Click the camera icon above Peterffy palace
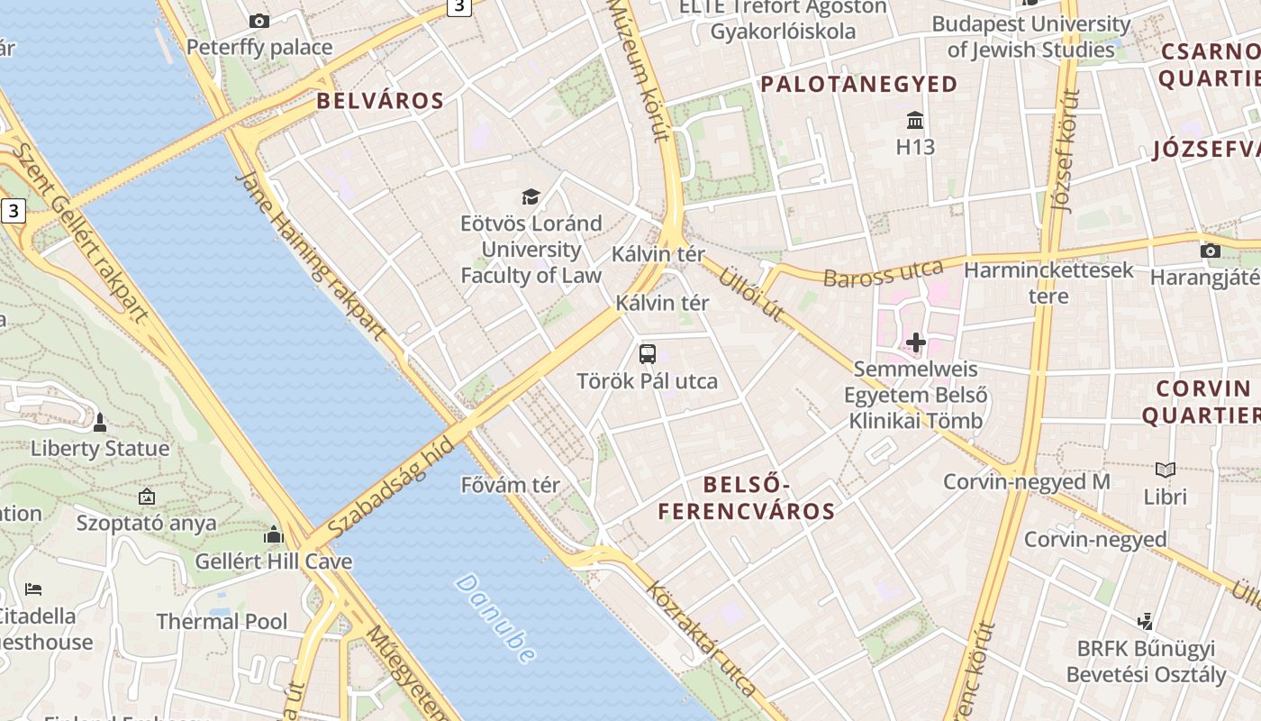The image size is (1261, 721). click(259, 21)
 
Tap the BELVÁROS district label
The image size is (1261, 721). click(380, 100)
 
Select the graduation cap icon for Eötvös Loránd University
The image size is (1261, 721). click(531, 196)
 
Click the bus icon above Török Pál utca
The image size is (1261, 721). click(648, 353)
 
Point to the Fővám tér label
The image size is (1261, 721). click(510, 485)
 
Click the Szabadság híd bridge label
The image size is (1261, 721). click(389, 491)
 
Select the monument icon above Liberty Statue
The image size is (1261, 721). click(100, 422)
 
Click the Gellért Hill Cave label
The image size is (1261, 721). click(274, 561)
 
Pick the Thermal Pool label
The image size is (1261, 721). click(222, 621)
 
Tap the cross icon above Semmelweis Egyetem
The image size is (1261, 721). click(916, 342)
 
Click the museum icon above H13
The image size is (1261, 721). click(916, 120)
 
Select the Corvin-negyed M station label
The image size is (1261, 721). click(1026, 481)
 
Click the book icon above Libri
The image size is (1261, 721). click(1166, 470)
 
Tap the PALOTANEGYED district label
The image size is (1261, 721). click(859, 84)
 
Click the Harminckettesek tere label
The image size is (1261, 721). click(1048, 282)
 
